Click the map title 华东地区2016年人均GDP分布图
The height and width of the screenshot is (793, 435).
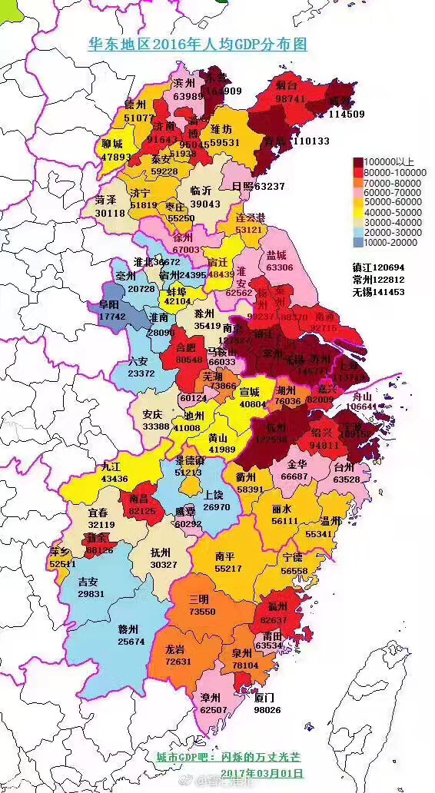click(x=197, y=44)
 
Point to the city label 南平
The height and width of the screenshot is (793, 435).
click(x=226, y=556)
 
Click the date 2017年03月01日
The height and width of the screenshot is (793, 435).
click(x=262, y=772)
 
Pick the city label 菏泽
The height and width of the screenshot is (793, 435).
click(x=106, y=200)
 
